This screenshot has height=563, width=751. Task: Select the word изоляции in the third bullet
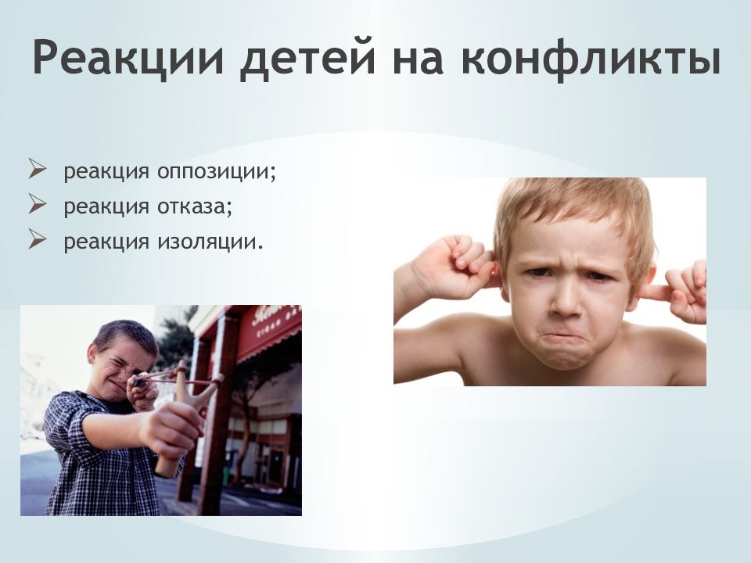pyautogui.click(x=207, y=242)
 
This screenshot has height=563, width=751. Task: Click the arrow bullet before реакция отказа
pyautogui.click(x=37, y=205)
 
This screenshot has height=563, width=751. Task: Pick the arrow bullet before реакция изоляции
pyautogui.click(x=37, y=240)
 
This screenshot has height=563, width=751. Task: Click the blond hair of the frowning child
pyautogui.click(x=571, y=207)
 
